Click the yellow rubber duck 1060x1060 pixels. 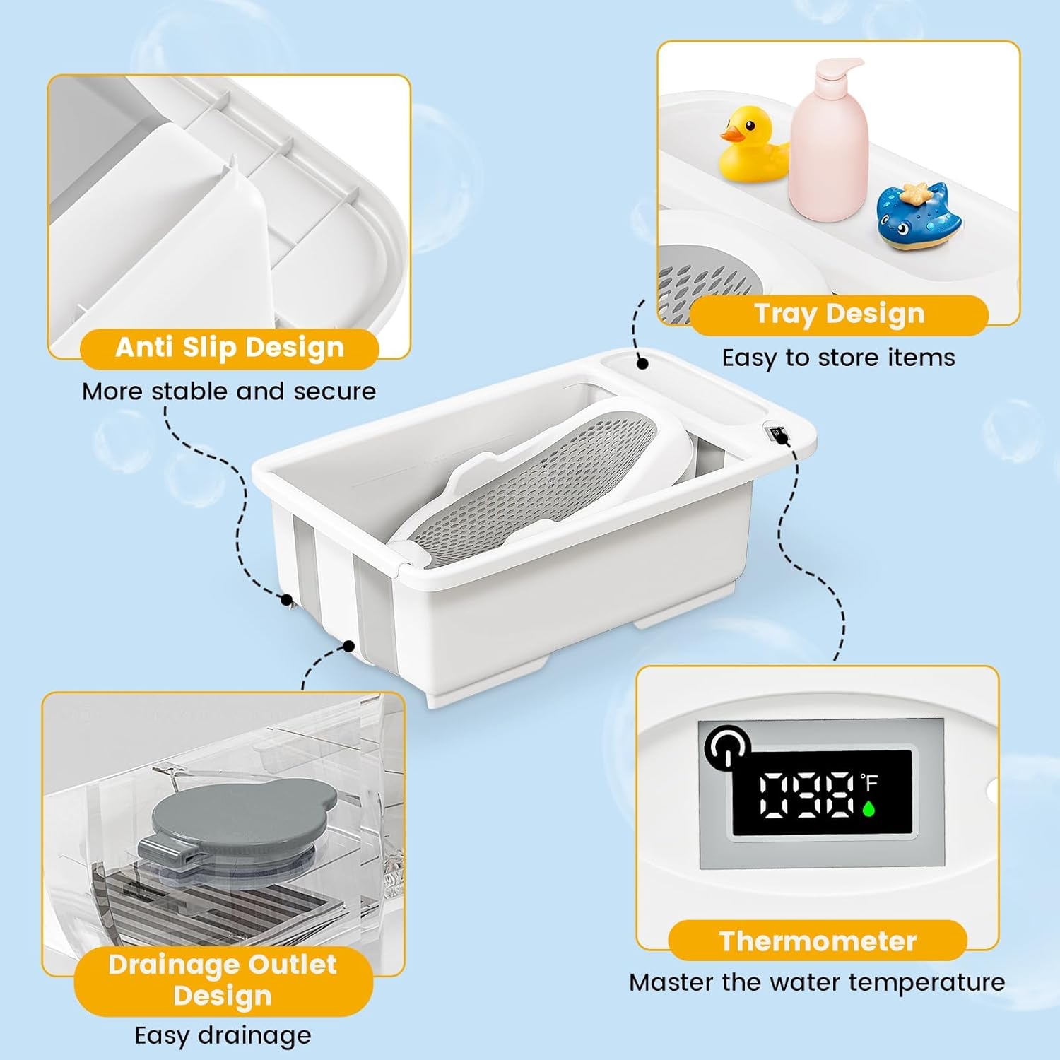tap(753, 145)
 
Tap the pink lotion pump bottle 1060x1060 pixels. tap(828, 141)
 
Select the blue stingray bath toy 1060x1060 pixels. tap(919, 216)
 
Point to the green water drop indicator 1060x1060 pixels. tap(868, 807)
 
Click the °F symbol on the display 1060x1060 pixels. tap(869, 782)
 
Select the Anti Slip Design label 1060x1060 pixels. tap(230, 348)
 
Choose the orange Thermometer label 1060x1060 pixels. tap(818, 941)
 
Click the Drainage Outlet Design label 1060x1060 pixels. tap(223, 980)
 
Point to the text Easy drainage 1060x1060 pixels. tap(223, 1036)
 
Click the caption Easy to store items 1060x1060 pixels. tap(838, 358)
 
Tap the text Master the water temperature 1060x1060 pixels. tap(817, 982)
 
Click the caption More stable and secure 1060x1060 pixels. tap(229, 391)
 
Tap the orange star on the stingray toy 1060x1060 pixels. tap(917, 192)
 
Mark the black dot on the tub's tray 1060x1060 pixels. tap(642, 363)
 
